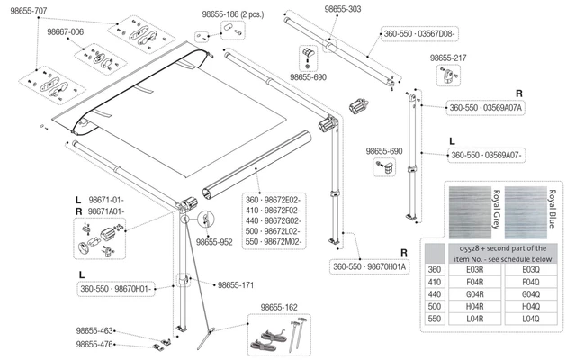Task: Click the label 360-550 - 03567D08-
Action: click(420, 33)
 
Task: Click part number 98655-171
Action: click(236, 284)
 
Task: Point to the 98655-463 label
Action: click(94, 331)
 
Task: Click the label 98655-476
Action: click(94, 344)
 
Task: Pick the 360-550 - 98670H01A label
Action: click(370, 266)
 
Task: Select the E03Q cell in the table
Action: click(525, 268)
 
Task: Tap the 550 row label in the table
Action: click(436, 319)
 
